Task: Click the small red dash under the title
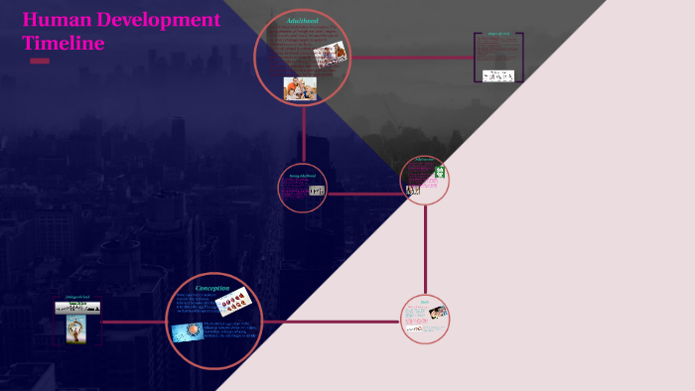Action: click(40, 62)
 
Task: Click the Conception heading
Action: click(212, 288)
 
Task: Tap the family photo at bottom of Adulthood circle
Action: click(300, 88)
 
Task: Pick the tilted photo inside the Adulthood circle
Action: click(330, 53)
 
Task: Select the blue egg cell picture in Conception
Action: click(187, 331)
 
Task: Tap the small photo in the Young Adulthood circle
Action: click(317, 190)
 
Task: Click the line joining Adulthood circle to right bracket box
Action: click(412, 57)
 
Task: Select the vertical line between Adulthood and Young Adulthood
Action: click(304, 134)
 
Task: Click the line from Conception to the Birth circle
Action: click(328, 322)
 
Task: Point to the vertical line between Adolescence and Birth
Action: click(425, 248)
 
